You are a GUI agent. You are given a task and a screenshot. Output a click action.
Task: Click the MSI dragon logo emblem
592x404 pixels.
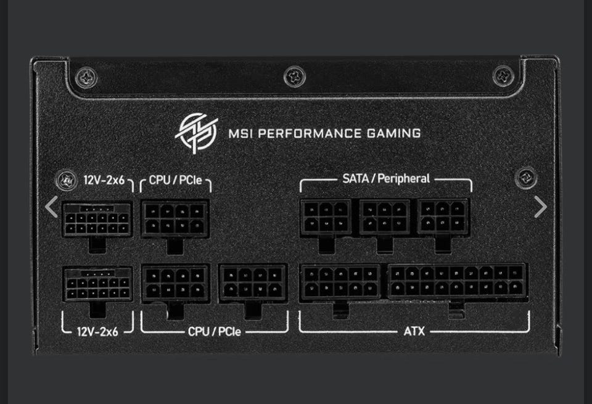tap(197, 131)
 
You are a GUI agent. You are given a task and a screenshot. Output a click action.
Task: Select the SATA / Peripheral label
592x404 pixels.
tap(386, 179)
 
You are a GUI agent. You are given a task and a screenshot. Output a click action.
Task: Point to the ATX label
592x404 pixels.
tap(414, 331)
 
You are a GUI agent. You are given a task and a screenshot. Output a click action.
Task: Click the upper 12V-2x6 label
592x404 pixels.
tap(104, 181)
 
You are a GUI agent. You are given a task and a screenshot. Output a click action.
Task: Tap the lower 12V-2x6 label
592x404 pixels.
tap(97, 331)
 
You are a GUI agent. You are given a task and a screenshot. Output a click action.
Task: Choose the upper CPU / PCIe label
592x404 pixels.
tap(176, 181)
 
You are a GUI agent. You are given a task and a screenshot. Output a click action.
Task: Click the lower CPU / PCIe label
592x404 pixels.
tap(215, 332)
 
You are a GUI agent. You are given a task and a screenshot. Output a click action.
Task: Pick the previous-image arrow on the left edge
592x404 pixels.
tap(52, 207)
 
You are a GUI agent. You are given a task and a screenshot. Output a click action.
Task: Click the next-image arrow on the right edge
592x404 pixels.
tap(540, 207)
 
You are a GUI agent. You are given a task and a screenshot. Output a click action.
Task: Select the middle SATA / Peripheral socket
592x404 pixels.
tap(385, 216)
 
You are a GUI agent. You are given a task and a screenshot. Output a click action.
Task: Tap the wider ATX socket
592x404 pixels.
tap(457, 282)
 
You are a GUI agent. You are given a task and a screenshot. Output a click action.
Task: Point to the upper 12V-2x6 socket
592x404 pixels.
tap(97, 219)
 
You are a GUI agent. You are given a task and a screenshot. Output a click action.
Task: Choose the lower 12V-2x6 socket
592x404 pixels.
tap(98, 283)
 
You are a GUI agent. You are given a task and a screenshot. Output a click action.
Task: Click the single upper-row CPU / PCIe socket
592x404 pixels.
tap(175, 218)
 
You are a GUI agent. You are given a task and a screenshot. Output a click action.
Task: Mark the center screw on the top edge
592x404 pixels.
tap(294, 76)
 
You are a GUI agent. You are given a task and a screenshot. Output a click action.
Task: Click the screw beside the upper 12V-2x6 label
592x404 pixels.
tap(65, 181)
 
